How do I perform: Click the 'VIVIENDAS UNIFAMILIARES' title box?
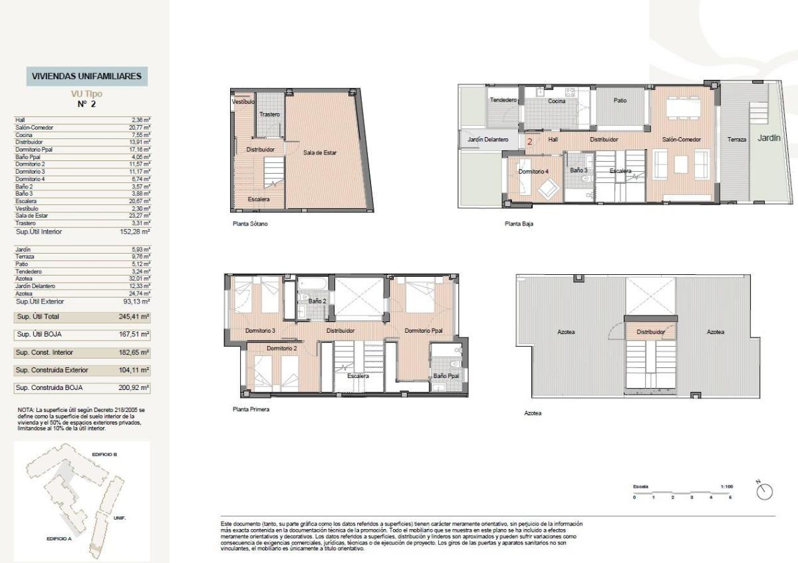click(x=86, y=77)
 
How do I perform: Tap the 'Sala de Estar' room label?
click(x=321, y=153)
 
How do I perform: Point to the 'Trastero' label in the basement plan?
click(x=269, y=115)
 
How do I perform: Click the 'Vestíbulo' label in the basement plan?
click(x=243, y=102)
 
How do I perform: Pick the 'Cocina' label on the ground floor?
click(x=557, y=101)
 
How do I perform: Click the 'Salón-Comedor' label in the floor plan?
click(x=681, y=140)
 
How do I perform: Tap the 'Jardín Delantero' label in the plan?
click(x=488, y=140)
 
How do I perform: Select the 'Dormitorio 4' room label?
click(x=534, y=171)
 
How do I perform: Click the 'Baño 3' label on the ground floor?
click(x=579, y=170)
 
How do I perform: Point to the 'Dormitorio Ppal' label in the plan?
click(x=424, y=331)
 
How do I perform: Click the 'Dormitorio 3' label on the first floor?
click(x=260, y=331)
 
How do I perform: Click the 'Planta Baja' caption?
click(x=519, y=224)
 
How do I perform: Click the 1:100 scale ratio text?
click(x=726, y=487)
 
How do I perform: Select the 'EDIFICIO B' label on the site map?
click(x=105, y=455)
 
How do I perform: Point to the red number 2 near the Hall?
click(x=530, y=141)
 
